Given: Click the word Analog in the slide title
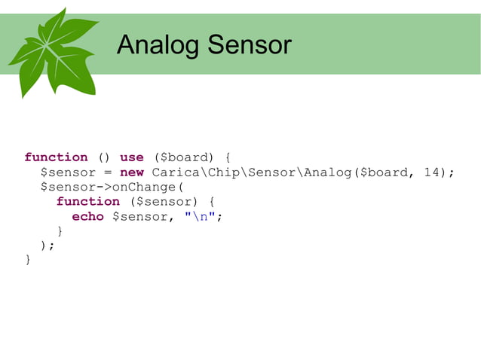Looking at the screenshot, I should tap(158, 46).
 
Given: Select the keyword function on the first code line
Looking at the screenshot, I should tap(56, 157).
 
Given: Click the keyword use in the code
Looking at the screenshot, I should tap(131, 157).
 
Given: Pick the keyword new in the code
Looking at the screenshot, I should tap(131, 172).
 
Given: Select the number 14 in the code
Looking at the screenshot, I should tap(433, 172).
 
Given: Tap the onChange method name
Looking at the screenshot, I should tap(143, 187).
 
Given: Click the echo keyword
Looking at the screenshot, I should tap(87, 217).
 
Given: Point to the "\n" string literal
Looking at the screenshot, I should tap(200, 217).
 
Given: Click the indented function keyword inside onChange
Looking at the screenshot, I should tap(87, 202).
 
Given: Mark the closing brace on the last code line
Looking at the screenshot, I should tap(29, 261).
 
